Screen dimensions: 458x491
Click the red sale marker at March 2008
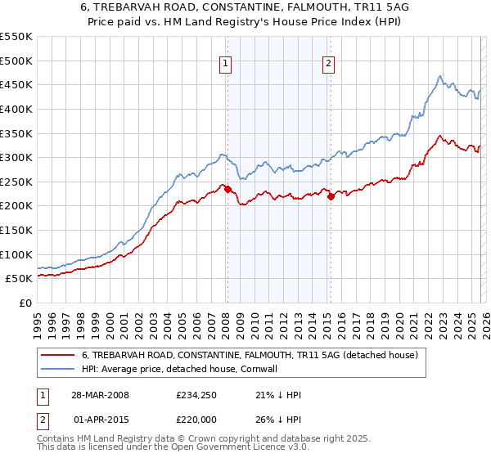coord(227,189)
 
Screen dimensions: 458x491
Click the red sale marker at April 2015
coord(331,196)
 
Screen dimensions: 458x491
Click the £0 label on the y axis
coord(26,303)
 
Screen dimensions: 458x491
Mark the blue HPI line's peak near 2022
coord(439,77)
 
